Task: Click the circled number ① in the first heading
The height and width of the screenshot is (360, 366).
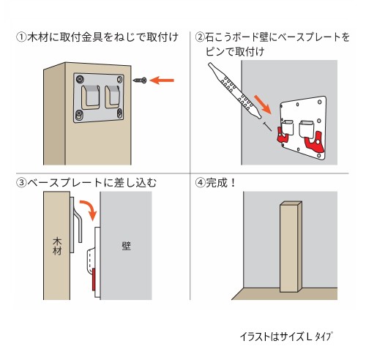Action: click(x=21, y=37)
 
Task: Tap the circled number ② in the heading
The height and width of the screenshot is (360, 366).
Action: click(x=200, y=37)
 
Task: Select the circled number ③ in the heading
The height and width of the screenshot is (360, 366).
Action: click(x=21, y=183)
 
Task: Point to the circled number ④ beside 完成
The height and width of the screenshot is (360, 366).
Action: click(x=200, y=183)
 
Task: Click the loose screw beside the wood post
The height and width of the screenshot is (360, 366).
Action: click(x=140, y=80)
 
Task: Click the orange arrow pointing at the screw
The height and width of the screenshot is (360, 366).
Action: click(x=162, y=80)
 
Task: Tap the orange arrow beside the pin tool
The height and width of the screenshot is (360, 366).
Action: click(x=263, y=105)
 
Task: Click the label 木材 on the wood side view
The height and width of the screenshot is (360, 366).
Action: click(x=57, y=247)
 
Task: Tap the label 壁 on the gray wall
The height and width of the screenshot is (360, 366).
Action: click(x=127, y=246)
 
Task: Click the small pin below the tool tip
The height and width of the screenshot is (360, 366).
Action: click(x=267, y=127)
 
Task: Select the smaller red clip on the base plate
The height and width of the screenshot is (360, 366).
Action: click(x=282, y=135)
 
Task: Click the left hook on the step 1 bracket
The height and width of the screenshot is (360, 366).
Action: click(x=90, y=97)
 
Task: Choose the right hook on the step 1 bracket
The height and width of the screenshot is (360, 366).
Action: click(x=112, y=97)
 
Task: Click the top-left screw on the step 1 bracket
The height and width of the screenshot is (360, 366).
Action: click(x=80, y=79)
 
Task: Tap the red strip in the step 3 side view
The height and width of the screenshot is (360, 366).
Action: click(x=94, y=280)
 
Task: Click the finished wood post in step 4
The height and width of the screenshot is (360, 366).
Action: click(x=291, y=247)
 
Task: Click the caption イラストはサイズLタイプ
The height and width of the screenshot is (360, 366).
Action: click(x=286, y=337)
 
